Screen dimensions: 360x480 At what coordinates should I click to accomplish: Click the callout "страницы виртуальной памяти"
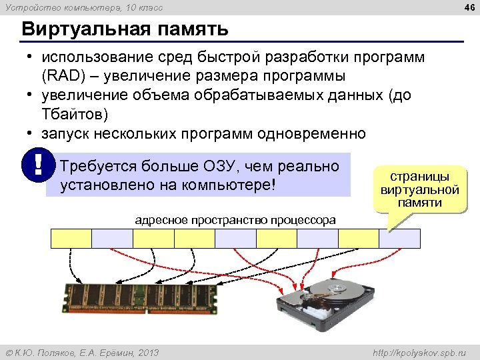(x=420, y=190)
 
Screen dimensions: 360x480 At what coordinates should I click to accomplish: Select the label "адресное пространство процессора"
(x=235, y=220)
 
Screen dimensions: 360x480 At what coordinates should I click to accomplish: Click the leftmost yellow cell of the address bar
(x=71, y=238)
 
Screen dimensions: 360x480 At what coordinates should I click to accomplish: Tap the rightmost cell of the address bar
(x=400, y=238)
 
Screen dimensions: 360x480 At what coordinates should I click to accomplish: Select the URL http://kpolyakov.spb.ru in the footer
(x=419, y=352)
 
